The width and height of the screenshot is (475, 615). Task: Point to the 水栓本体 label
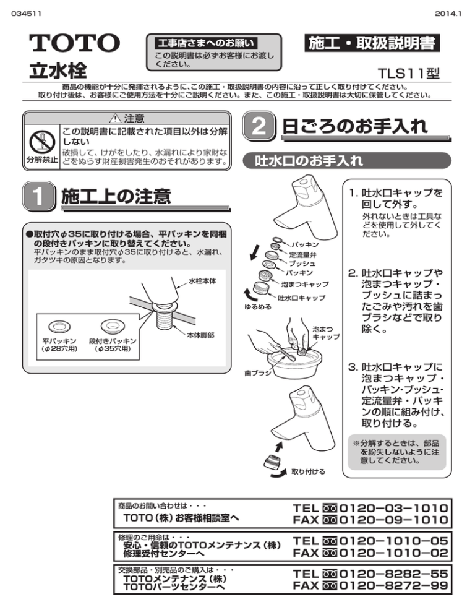pyautogui.click(x=202, y=282)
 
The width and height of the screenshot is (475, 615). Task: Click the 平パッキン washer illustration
pyautogui.click(x=59, y=325)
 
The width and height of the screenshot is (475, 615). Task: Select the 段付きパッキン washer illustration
pyautogui.click(x=113, y=325)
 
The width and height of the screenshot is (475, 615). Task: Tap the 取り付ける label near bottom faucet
pyautogui.click(x=308, y=472)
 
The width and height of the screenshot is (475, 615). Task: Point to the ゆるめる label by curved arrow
pyautogui.click(x=258, y=306)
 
